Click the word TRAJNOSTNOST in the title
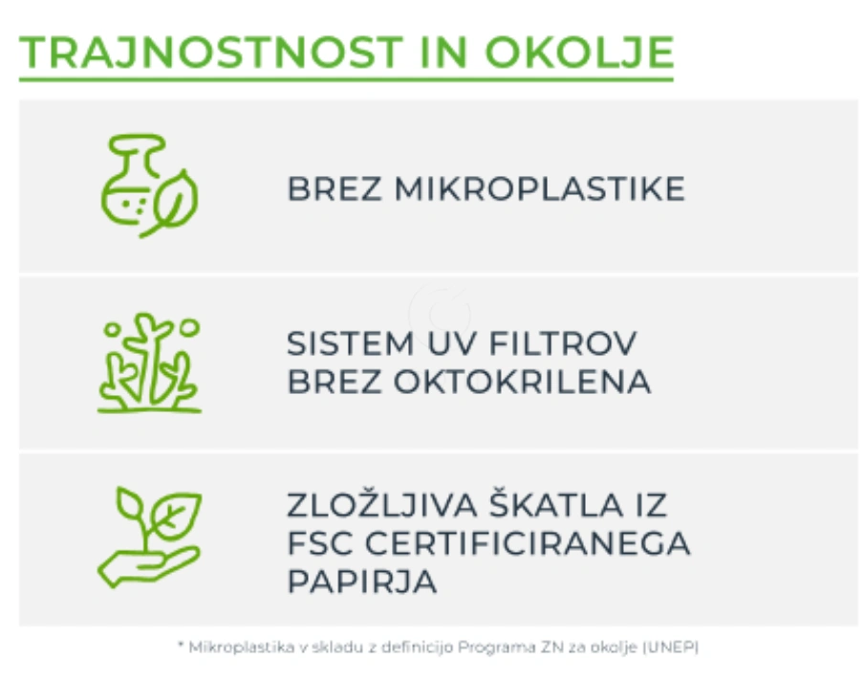[x=211, y=53]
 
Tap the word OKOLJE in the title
[x=579, y=53]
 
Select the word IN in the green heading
[x=444, y=53]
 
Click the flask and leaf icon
[x=149, y=186]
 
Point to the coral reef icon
[x=149, y=362]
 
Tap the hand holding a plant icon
[x=149, y=537]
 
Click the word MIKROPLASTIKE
[x=540, y=189]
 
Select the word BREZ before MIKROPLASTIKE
[x=335, y=189]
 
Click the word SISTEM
[x=351, y=343]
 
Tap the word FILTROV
[x=563, y=343]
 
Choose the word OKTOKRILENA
[x=523, y=382]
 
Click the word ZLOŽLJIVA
[x=382, y=504]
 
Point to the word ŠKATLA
[x=556, y=504]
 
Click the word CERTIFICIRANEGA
[x=528, y=543]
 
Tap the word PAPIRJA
[x=362, y=581]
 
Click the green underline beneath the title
[x=347, y=80]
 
